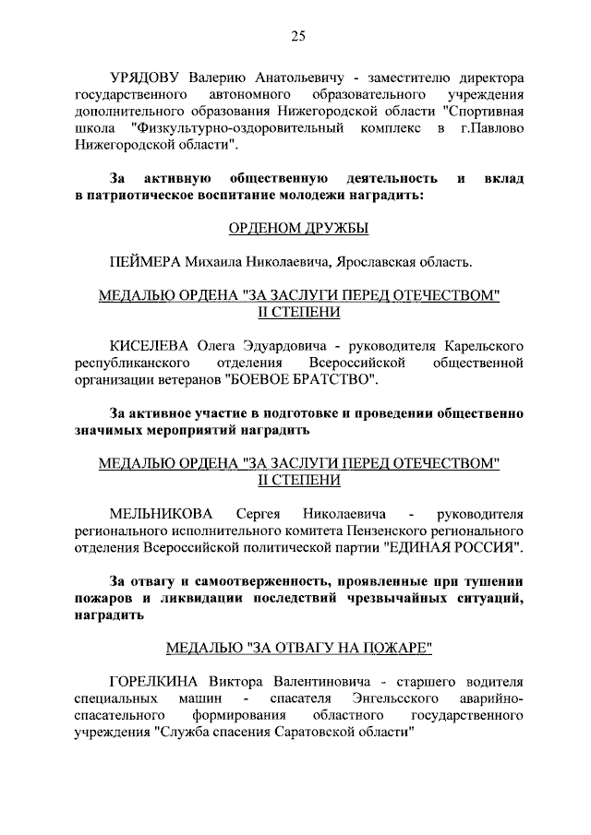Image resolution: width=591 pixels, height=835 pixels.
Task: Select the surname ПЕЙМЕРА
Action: coord(143,261)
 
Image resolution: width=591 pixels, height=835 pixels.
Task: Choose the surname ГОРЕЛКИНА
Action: coord(154,682)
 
